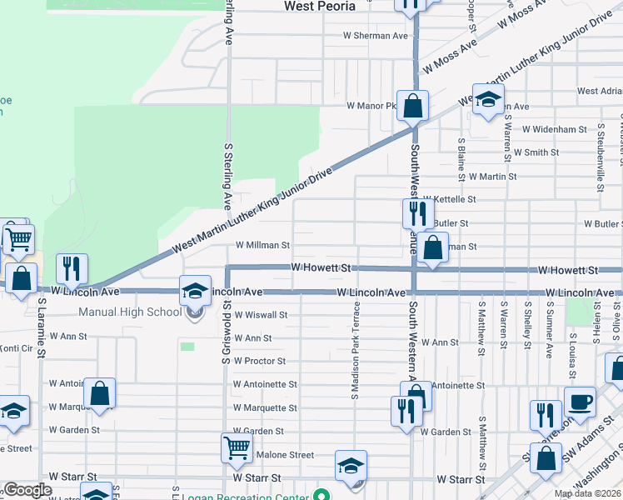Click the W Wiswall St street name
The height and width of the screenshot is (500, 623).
click(x=261, y=316)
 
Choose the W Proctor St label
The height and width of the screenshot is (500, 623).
click(x=260, y=362)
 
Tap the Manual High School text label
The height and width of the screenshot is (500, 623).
click(x=130, y=312)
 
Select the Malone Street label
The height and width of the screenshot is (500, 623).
click(x=285, y=455)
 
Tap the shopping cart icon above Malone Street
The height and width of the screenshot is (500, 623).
click(x=237, y=447)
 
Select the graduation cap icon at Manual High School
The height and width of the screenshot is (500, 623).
click(x=195, y=290)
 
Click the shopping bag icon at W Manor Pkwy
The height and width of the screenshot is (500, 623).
click(x=412, y=106)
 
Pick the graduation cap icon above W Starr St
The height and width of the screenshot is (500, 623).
click(x=351, y=465)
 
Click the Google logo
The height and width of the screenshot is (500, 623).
click(x=28, y=491)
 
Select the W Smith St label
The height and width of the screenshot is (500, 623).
click(x=536, y=153)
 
